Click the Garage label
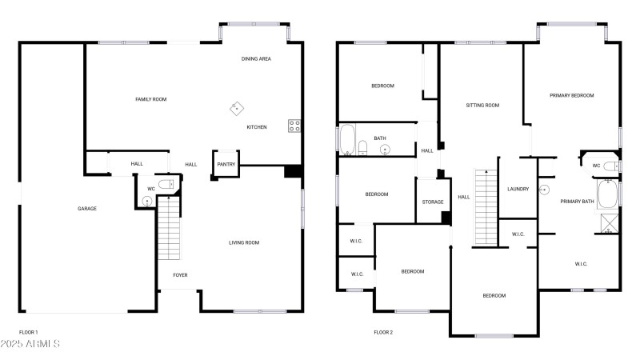87,209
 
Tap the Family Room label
151,99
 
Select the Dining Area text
256,58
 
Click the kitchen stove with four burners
294,126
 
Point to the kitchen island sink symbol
237,109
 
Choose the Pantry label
226,164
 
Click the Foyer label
181,275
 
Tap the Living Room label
244,242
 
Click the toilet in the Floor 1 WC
166,184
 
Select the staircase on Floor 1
169,228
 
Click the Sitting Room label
482,106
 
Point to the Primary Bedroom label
571,95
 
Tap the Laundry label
518,189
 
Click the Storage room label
433,202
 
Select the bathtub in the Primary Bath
607,194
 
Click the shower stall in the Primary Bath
610,224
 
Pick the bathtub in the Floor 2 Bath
347,139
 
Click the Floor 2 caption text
383,332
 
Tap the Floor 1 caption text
28,332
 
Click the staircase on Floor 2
486,208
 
